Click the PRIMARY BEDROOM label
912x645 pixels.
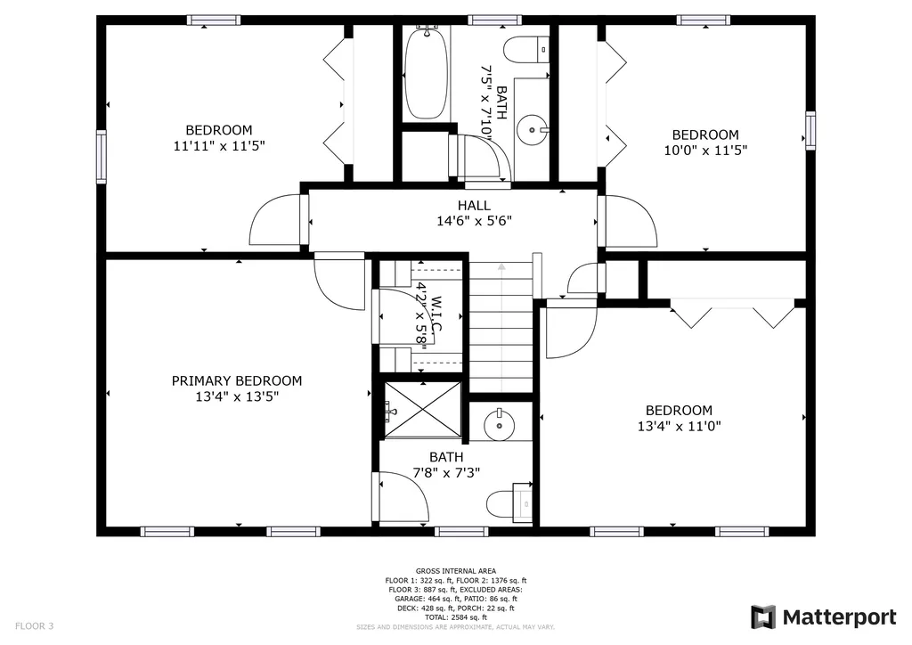237,381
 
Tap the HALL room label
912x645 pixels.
474,205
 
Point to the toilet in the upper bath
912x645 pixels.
526,50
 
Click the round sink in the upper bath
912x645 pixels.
532,130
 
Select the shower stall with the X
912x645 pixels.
423,410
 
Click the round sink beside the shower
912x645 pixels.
500,425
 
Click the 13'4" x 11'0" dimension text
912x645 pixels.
680,427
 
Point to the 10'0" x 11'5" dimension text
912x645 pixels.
705,150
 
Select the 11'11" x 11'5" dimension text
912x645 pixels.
219,145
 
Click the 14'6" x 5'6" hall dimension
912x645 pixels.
474,221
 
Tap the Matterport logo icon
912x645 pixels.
763,617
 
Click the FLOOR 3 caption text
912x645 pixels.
35,626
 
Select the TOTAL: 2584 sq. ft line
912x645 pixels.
456,617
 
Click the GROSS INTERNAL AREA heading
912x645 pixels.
456,571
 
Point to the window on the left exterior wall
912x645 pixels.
102,157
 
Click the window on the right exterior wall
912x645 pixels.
810,130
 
